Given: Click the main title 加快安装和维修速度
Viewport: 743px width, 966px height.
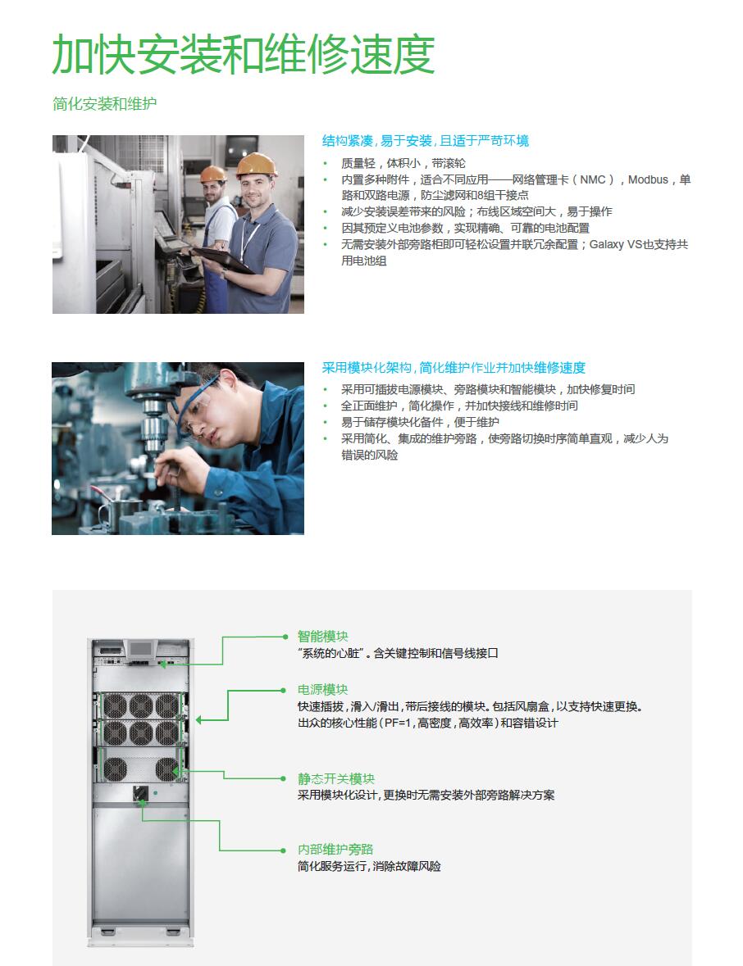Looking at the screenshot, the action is coord(244,54).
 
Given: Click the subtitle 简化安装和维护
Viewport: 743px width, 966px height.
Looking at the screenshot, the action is coord(105,103).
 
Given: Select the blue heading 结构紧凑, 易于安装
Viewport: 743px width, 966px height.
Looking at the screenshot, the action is coord(377,141).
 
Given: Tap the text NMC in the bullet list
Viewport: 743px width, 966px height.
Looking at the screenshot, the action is coord(593,180).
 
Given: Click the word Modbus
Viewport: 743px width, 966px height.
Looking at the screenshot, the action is coord(648,180).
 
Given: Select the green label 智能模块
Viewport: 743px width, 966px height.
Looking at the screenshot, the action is coord(323,637).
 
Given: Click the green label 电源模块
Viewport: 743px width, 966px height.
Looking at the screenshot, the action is coord(323,690).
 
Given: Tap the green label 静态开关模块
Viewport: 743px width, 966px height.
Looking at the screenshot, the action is coord(336,778).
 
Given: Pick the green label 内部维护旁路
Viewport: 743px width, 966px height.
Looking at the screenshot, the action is coord(335,850).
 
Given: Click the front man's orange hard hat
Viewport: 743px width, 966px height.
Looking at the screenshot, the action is coord(256,165).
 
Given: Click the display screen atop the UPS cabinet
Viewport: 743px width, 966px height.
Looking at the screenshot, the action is coord(141,649).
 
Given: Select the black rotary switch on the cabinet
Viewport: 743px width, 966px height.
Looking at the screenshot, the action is coord(140,793).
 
